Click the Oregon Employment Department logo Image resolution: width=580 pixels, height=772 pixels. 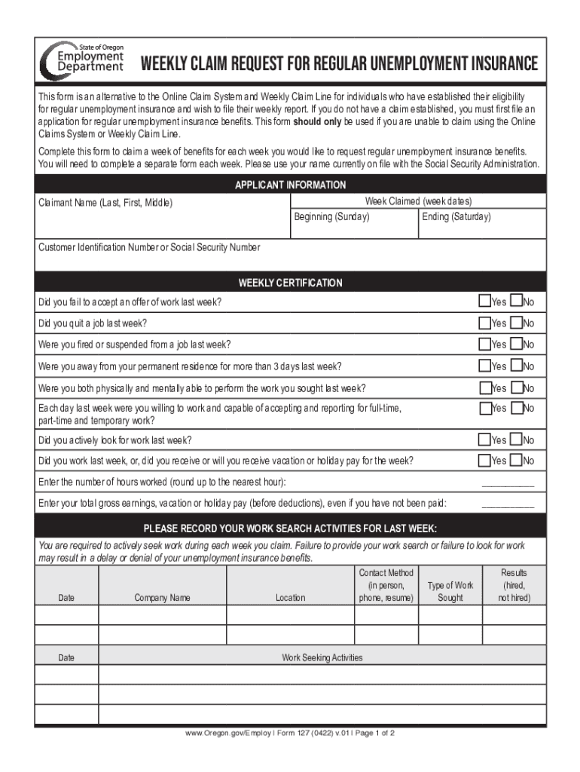81,58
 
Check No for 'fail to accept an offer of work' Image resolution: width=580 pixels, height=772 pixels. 516,302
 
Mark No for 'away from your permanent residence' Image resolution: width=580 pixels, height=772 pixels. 516,366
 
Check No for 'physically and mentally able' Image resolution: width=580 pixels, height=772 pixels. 516,388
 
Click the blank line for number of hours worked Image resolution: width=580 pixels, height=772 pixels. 507,482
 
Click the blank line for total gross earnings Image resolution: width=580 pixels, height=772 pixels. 507,504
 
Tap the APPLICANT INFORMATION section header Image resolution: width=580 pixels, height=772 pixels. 290,185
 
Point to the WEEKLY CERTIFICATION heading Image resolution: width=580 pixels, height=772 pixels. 290,283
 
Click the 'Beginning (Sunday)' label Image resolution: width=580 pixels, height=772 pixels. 331,217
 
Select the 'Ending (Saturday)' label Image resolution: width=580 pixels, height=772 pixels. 456,217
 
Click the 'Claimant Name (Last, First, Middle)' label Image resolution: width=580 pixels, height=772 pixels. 105,203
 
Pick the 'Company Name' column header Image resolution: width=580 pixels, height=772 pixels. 162,598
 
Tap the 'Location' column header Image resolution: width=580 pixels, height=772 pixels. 290,598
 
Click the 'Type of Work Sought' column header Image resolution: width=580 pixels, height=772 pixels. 450,592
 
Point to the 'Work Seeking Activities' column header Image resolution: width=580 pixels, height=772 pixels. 322,657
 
